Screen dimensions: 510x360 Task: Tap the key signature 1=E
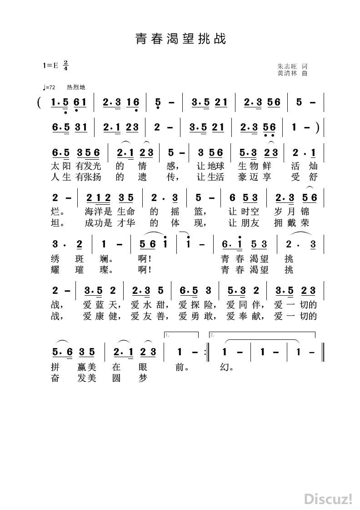51,66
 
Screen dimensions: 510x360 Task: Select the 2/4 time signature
66,66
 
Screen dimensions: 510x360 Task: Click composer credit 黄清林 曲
292,73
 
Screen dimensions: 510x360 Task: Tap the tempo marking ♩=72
48,87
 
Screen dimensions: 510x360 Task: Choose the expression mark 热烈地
76,87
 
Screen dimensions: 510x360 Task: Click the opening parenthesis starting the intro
41,103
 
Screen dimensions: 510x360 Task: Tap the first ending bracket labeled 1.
182,335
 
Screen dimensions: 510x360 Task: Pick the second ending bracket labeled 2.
261,335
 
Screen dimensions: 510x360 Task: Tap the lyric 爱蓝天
100,304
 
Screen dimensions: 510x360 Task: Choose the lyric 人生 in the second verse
61,177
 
